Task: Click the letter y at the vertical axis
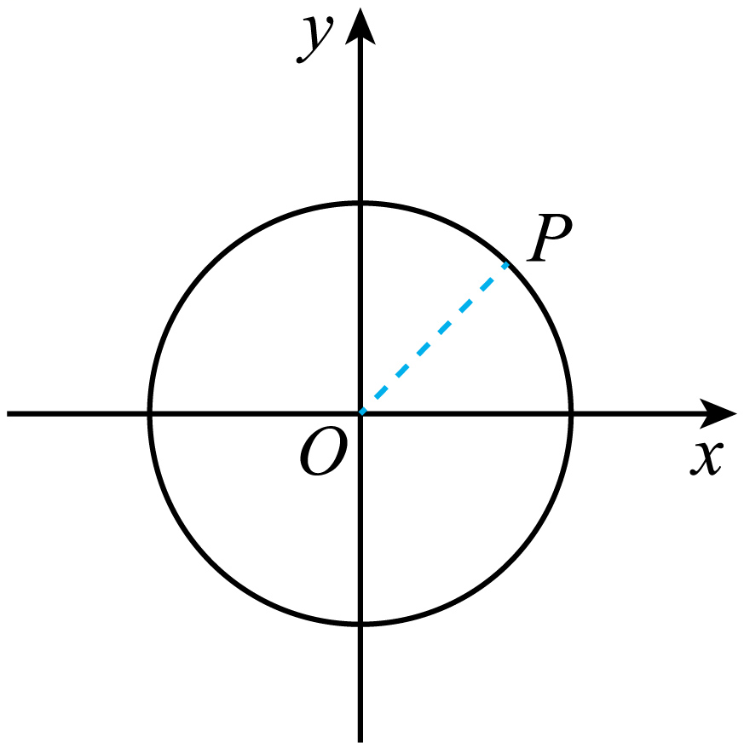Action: coord(314,39)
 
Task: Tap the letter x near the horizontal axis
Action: coord(707,458)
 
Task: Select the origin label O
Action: coord(323,452)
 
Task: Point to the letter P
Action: coord(550,238)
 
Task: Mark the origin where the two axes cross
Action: coord(360,413)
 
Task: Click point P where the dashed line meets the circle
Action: coord(507,263)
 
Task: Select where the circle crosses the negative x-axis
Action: coord(150,413)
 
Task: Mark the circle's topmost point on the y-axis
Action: coord(360,204)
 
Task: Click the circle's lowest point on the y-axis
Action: coord(360,624)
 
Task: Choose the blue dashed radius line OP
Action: coord(434,337)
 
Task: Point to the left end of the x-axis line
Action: coord(7,413)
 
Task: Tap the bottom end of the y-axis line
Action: coord(360,742)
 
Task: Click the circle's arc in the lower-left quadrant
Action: coord(211,562)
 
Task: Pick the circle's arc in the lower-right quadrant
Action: coord(510,562)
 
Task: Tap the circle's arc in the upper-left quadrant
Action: coord(211,265)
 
